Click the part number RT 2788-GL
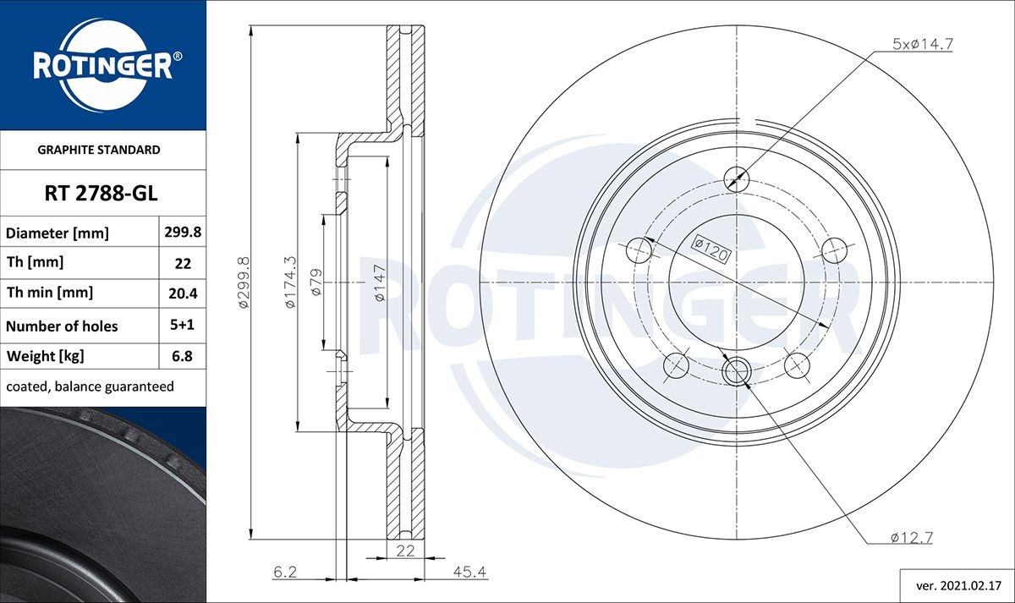click(101, 195)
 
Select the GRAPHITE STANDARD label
click(99, 150)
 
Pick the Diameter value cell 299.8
click(183, 232)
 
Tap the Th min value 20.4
click(183, 293)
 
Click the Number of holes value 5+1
click(183, 326)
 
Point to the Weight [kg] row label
click(46, 356)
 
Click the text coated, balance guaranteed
click(90, 386)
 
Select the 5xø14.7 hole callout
click(923, 44)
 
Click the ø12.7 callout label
click(911, 537)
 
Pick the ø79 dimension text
click(315, 282)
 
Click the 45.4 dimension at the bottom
click(471, 573)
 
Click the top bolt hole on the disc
click(737, 178)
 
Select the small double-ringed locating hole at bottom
click(737, 371)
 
